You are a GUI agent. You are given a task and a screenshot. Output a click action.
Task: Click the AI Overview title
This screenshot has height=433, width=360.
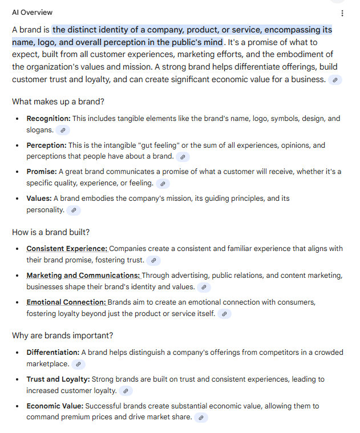coord(32,13)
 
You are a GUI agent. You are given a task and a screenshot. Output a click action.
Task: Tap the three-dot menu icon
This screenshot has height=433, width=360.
coord(342,13)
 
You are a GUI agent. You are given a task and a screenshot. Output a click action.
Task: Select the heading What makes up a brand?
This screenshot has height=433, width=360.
coord(58,102)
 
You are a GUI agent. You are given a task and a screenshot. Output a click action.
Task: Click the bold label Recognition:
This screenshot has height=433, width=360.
coord(48,119)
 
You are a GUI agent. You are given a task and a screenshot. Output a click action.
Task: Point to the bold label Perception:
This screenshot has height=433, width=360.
coord(46,145)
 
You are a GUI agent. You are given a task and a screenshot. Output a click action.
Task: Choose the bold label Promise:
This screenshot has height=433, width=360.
coord(41,172)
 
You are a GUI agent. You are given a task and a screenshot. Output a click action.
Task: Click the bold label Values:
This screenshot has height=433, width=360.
coord(39,199)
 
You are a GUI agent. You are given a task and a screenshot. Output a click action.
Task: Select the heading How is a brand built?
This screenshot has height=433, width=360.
coord(51,232)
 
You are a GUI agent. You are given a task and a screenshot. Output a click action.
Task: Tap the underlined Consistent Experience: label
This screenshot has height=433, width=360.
coord(67,249)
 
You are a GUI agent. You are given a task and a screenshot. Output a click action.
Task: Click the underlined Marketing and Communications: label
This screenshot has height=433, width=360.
coord(83,276)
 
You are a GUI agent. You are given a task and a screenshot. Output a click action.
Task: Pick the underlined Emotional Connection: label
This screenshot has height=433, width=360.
coord(66,302)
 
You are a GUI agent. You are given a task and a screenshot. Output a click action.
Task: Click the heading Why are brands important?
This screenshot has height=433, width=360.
coord(63,335)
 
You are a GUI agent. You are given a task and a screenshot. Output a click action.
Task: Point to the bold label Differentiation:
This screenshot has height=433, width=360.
coord(52,353)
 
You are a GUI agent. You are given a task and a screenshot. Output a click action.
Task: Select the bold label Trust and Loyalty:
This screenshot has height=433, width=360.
coord(58,379)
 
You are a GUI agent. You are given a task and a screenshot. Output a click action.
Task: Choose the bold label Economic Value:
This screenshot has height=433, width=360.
coord(55,406)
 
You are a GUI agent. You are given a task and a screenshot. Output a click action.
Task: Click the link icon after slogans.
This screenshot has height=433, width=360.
coord(63,130)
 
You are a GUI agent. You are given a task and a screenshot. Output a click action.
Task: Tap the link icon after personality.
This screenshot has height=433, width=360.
coord(74,210)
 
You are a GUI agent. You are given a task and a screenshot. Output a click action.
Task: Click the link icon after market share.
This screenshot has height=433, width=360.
coord(201,418)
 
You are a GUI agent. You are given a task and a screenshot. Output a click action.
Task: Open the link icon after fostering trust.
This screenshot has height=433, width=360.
coord(153,260)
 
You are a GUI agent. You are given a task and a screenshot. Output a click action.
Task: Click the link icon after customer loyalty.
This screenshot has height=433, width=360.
coord(126,391)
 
